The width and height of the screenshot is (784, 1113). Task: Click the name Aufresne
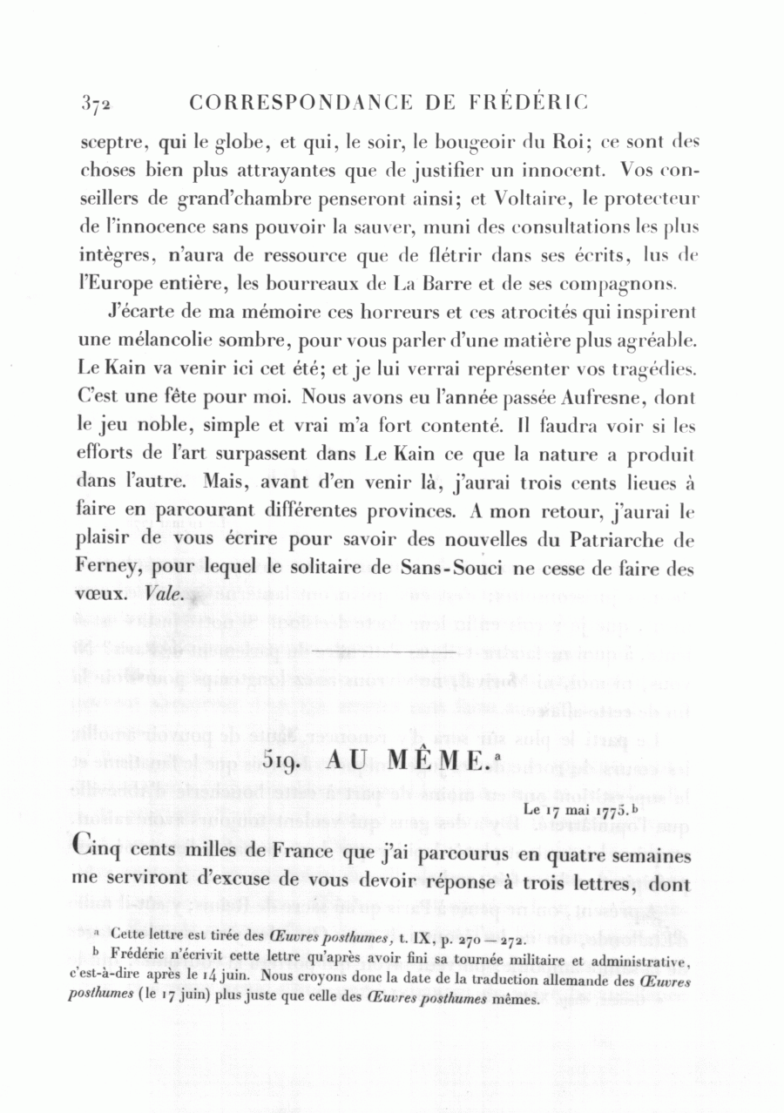click(602, 398)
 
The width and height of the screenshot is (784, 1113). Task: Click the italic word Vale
click(163, 597)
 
